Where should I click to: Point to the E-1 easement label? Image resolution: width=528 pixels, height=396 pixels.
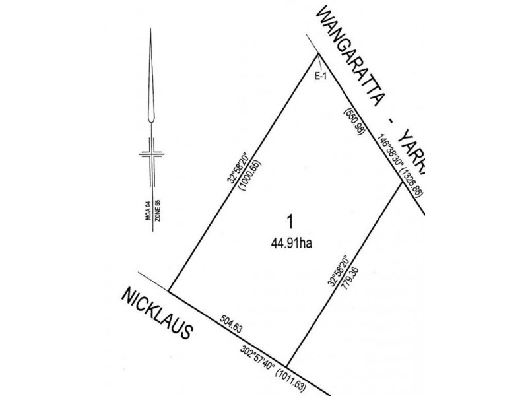click(x=321, y=77)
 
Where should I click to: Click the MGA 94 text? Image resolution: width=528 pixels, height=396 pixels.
click(x=150, y=213)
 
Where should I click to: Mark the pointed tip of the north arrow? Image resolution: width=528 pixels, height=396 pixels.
click(x=152, y=33)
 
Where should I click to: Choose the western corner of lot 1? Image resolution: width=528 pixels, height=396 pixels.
click(x=170, y=290)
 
